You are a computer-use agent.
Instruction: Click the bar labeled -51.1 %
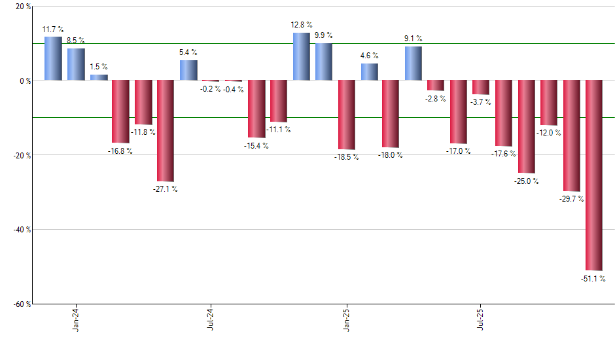click(594, 175)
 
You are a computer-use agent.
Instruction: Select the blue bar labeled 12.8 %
click(301, 56)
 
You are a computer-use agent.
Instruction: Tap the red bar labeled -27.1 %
click(166, 131)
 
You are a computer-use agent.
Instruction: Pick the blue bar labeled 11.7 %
click(53, 59)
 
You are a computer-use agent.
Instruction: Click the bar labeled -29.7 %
click(572, 135)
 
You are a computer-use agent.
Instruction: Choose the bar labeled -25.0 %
click(527, 127)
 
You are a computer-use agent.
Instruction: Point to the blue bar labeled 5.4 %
click(188, 70)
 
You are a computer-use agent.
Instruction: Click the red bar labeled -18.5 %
click(346, 115)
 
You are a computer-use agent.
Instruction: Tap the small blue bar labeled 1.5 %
click(99, 77)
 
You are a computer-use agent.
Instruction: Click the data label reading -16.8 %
click(120, 151)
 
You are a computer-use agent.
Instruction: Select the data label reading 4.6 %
click(369, 56)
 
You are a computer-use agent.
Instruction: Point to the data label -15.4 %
click(256, 145)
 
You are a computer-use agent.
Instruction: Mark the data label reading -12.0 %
click(549, 133)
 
